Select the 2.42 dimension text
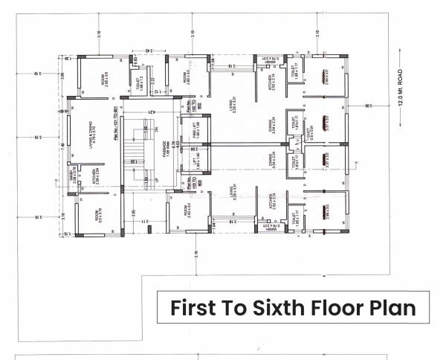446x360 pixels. (149, 51)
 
